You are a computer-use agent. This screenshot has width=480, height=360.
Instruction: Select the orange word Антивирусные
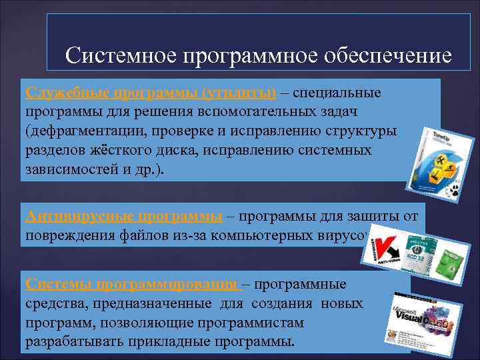click(x=65, y=215)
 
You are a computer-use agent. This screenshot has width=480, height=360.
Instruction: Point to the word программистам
click(x=253, y=323)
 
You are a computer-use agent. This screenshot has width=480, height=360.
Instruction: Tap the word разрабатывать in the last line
click(x=71, y=342)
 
